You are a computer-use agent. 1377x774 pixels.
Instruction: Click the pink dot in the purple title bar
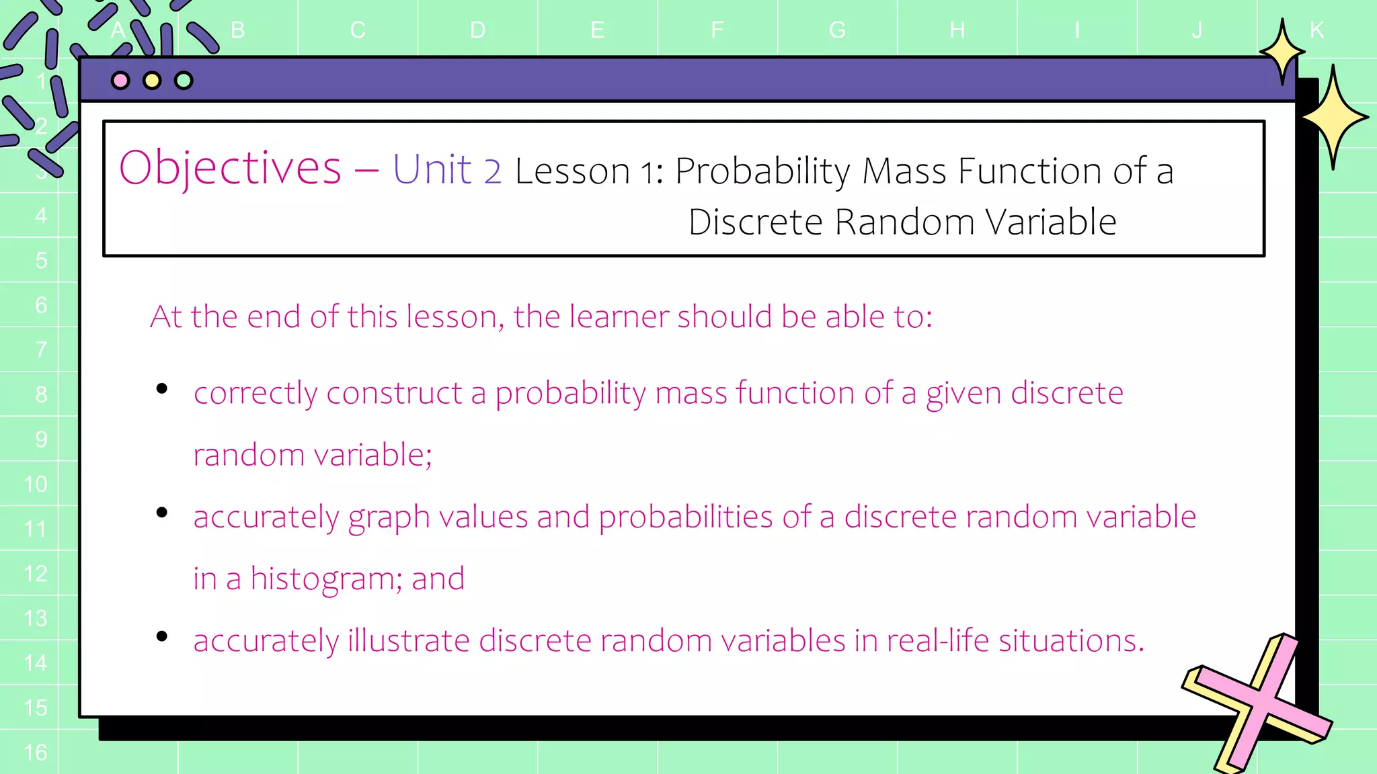(x=120, y=81)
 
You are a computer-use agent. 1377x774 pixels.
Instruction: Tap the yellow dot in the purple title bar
(x=152, y=81)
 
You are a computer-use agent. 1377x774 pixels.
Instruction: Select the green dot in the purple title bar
(x=184, y=81)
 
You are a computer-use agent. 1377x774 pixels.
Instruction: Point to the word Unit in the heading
(x=432, y=169)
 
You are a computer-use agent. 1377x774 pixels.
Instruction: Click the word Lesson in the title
(x=572, y=171)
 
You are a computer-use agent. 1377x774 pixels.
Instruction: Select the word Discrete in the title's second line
(x=755, y=222)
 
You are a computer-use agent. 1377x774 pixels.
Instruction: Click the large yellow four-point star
(x=1334, y=118)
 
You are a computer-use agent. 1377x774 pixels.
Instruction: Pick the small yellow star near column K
(x=1282, y=52)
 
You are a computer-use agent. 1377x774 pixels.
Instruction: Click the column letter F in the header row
(x=717, y=30)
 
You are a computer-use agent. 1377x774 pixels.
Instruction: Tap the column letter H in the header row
(x=957, y=30)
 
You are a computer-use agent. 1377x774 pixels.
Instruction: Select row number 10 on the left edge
(x=36, y=484)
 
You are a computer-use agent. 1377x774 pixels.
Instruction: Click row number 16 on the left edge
(x=36, y=752)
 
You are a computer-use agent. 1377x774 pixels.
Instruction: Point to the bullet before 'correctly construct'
(x=161, y=388)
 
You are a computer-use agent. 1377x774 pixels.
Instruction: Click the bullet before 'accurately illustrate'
(x=161, y=636)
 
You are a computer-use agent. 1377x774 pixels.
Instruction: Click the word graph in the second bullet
(x=389, y=518)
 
